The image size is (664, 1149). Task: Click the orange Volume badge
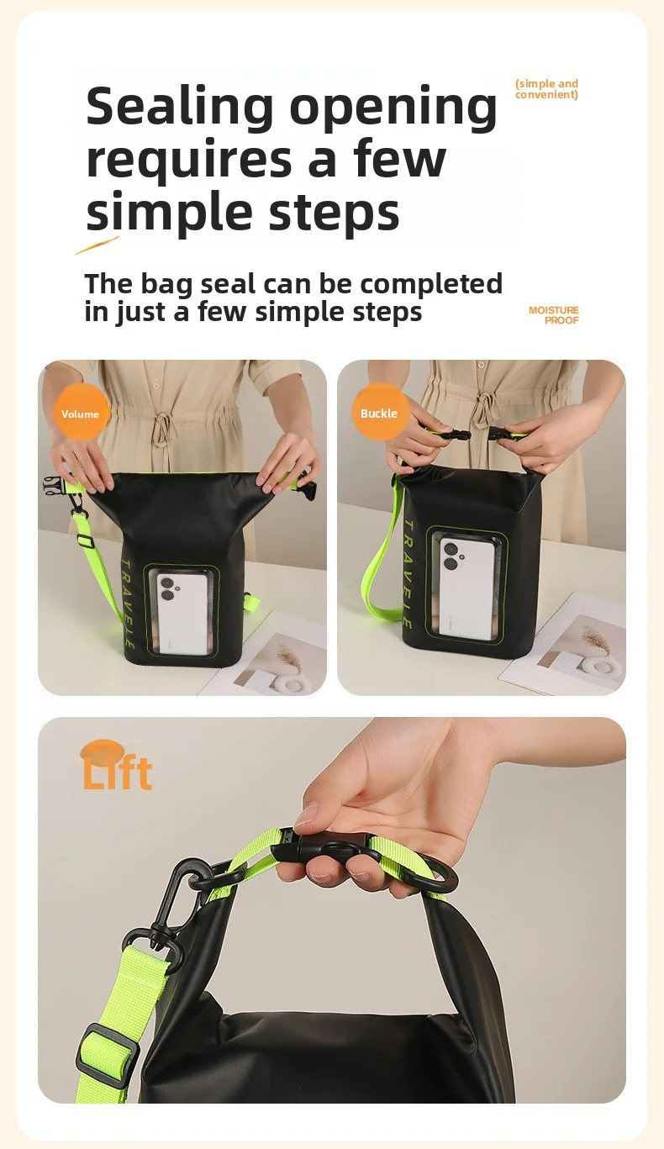coord(81,413)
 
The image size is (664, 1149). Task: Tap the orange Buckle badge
coord(379,413)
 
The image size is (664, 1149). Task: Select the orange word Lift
coord(118,772)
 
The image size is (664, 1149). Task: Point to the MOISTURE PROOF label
coord(554,315)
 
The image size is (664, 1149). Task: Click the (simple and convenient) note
coord(546,89)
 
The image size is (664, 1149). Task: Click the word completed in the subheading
coord(430,283)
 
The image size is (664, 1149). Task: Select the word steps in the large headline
coord(334,211)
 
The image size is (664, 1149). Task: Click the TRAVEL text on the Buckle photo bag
coord(408,574)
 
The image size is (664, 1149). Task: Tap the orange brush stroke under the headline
coord(97,245)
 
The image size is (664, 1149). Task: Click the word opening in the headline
coord(393,108)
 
